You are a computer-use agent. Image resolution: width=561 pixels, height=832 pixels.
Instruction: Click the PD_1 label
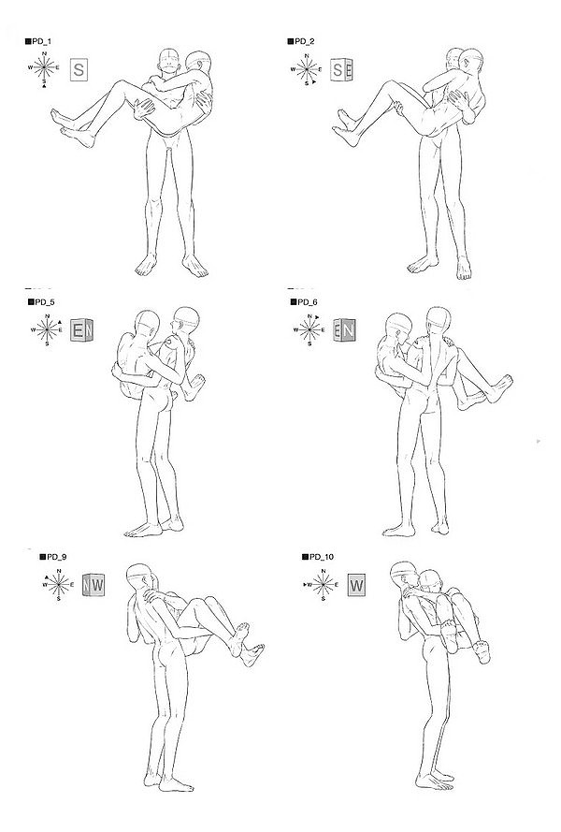38,41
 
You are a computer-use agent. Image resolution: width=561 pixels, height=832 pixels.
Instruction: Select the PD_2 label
301,41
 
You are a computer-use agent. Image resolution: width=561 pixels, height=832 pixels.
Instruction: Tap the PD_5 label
41,302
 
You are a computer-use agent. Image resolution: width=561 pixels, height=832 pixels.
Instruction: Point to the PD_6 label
304,302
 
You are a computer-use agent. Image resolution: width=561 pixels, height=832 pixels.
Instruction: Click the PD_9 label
53,557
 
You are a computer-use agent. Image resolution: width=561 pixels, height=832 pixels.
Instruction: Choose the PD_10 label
318,557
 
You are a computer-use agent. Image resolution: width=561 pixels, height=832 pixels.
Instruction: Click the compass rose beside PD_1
44,68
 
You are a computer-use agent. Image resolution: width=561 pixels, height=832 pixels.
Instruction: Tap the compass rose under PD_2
307,69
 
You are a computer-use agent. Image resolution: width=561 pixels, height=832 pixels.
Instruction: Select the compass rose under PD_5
47,330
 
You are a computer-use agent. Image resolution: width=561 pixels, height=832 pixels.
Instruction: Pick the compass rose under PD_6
309,330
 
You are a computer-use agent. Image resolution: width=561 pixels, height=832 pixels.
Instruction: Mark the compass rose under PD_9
58,585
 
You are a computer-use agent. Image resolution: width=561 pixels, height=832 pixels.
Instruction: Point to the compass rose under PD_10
323,585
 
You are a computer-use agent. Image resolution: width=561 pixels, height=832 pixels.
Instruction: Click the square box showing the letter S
79,69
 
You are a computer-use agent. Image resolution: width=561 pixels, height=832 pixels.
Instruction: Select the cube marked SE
342,69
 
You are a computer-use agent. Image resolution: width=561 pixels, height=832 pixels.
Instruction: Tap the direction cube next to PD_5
82,330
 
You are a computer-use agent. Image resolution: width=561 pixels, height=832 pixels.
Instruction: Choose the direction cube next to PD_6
345,330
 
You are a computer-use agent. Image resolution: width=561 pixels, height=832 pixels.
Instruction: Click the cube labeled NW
93,585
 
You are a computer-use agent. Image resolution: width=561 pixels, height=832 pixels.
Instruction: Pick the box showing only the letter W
357,585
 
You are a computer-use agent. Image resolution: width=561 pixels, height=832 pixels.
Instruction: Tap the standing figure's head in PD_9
139,577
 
